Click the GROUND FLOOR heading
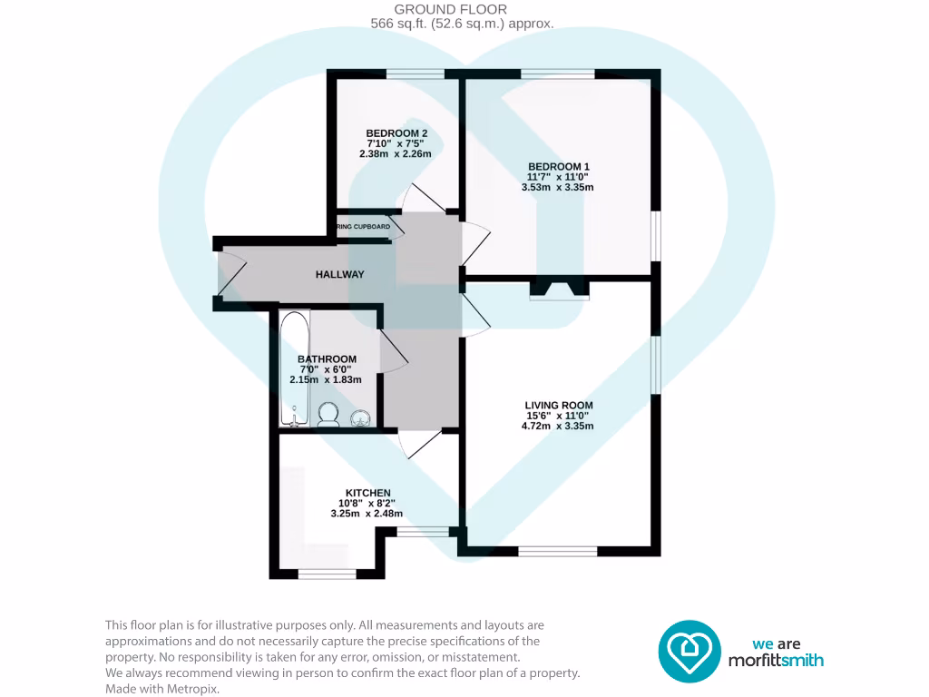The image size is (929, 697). [464, 10]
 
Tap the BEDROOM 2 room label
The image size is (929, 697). [396, 133]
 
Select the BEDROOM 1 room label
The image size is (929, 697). [558, 166]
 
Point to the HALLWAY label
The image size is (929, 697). [339, 274]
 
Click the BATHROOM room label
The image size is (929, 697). [327, 359]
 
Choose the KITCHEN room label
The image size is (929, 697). [367, 493]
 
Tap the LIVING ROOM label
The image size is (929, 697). [558, 406]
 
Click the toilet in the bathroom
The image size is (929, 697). [328, 414]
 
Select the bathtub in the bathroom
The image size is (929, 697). [293, 368]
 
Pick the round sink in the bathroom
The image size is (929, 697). [361, 417]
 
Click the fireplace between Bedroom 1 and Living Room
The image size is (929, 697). [559, 290]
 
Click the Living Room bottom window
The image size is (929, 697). [557, 550]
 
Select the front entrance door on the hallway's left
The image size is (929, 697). [232, 275]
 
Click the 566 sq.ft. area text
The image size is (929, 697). [463, 25]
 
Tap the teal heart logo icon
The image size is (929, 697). [689, 651]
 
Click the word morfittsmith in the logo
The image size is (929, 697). [777, 661]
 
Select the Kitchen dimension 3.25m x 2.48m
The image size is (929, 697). [367, 514]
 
